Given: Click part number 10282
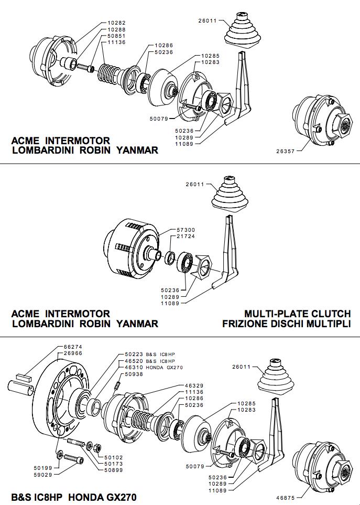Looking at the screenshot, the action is pyautogui.click(x=116, y=23).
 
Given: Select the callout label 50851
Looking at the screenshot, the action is pyautogui.click(x=116, y=36).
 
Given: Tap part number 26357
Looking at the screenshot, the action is pyautogui.click(x=286, y=151).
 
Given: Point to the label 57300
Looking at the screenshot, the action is pyautogui.click(x=186, y=230).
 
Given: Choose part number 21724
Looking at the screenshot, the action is pyautogui.click(x=186, y=236).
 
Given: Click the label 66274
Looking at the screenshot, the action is pyautogui.click(x=73, y=347).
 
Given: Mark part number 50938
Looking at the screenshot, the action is pyautogui.click(x=134, y=374).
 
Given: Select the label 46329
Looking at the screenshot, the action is pyautogui.click(x=194, y=385).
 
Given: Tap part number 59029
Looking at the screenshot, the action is pyautogui.click(x=43, y=475).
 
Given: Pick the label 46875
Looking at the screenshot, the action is pyautogui.click(x=286, y=498).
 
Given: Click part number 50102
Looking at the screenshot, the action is pyautogui.click(x=114, y=457).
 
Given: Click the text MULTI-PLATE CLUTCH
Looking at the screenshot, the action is pyautogui.click(x=297, y=314).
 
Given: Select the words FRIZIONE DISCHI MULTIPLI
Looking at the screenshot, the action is pyautogui.click(x=286, y=324).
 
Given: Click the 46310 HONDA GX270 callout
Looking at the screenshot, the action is pyautogui.click(x=154, y=368).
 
